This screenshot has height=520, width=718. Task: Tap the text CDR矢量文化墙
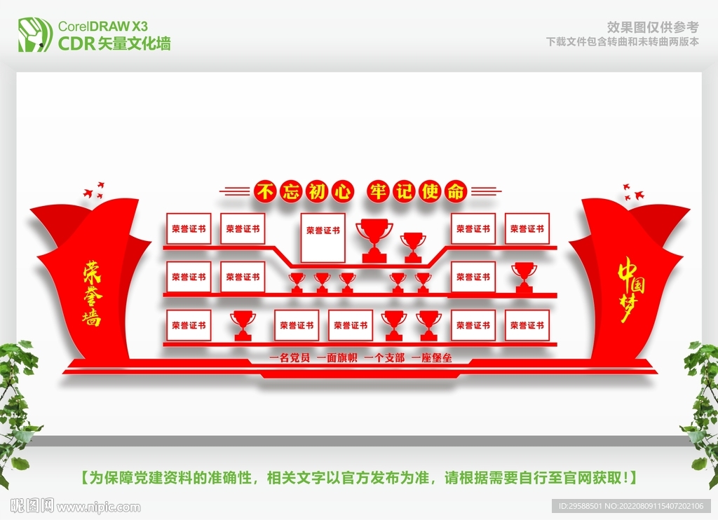(114, 43)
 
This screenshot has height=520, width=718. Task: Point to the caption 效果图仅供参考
(652, 27)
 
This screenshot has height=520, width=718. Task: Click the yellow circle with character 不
(264, 191)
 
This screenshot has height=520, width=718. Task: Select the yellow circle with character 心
(343, 191)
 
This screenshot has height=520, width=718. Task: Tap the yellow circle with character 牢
(379, 191)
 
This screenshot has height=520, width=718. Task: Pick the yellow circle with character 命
(457, 191)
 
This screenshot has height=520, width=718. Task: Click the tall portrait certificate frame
(323, 236)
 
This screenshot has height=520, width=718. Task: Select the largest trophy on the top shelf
(374, 239)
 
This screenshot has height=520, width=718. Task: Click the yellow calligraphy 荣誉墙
(91, 293)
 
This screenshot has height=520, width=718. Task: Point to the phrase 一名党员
(290, 358)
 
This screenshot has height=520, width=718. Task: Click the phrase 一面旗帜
(337, 358)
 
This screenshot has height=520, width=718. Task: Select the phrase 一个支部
(384, 358)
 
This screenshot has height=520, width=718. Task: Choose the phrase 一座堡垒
(431, 358)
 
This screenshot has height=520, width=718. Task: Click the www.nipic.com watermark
(98, 506)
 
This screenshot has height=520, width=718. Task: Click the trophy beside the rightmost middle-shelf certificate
(524, 277)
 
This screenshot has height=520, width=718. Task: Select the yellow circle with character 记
(405, 191)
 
